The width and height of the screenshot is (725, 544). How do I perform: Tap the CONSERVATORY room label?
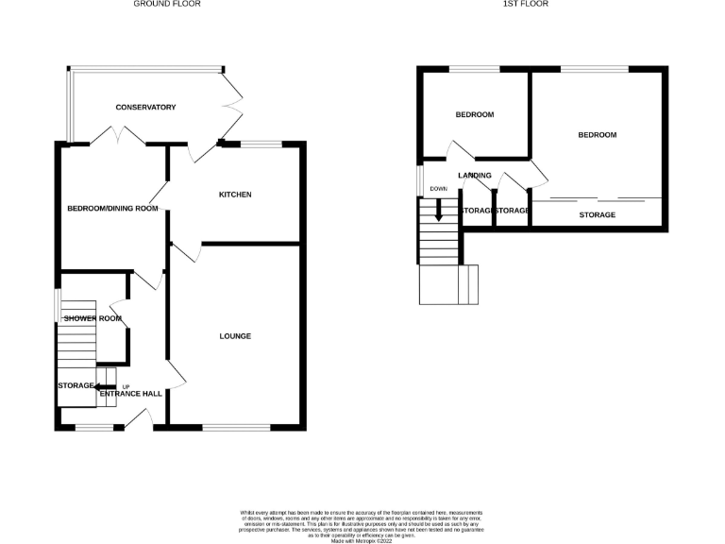click(145, 108)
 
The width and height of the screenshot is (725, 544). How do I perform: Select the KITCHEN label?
click(235, 195)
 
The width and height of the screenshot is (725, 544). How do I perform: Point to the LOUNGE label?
click(235, 336)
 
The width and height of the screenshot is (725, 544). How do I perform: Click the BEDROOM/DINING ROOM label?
click(111, 209)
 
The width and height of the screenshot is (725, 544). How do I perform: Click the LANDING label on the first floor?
click(474, 176)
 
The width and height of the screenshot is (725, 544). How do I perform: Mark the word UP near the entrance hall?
click(125, 385)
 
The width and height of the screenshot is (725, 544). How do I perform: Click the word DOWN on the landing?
click(438, 189)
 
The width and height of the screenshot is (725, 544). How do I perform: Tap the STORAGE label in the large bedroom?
click(597, 215)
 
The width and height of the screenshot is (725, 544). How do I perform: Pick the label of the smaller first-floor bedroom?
click(474, 115)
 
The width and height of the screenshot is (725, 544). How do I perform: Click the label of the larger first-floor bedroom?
click(597, 135)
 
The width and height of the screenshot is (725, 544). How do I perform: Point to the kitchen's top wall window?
click(261, 144)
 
